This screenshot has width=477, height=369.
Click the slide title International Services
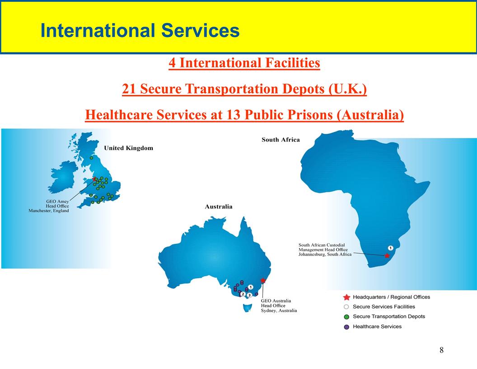(x=140, y=31)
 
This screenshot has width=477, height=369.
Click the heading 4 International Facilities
(x=244, y=63)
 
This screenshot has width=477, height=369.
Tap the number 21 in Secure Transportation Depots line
(x=129, y=89)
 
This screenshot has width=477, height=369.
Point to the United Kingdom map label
(x=128, y=148)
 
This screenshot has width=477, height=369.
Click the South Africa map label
(x=281, y=140)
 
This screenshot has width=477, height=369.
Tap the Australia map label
(x=219, y=207)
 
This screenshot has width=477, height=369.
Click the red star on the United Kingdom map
(x=94, y=179)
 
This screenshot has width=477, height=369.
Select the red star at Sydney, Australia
(x=263, y=280)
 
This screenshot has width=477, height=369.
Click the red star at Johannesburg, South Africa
(x=387, y=255)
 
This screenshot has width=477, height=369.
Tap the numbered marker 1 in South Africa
(x=390, y=248)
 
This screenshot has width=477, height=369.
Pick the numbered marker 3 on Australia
(x=249, y=295)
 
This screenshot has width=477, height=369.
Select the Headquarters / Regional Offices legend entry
(x=391, y=297)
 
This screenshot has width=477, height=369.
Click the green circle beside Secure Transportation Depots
(x=346, y=317)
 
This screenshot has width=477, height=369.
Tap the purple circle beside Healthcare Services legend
(x=346, y=326)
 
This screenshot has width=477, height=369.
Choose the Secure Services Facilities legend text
(x=383, y=307)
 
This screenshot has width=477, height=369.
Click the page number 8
(x=441, y=350)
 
